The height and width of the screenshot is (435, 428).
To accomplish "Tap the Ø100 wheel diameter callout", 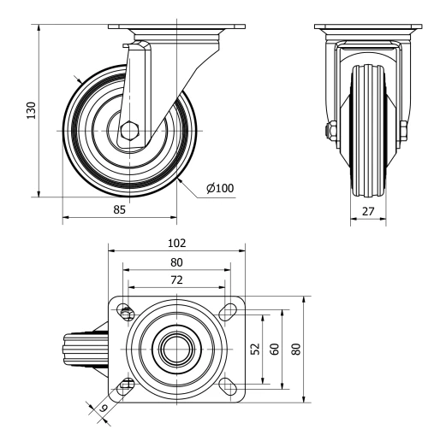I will coord(220,188).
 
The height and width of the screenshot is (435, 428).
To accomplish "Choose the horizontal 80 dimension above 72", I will coord(176,262).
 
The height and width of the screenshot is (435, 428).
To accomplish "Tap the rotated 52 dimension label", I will coord(256,349).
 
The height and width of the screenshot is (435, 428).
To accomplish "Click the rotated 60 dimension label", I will coord(274,349).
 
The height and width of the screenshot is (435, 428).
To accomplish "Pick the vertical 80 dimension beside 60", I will coord(295,349).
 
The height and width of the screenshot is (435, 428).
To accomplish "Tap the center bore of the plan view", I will coord(176,349).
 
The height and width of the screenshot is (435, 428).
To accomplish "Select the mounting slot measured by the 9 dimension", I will coord(127,385).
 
